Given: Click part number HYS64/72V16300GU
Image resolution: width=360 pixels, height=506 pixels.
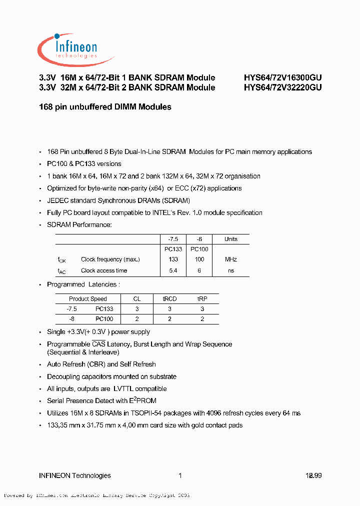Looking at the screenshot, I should (x=282, y=77).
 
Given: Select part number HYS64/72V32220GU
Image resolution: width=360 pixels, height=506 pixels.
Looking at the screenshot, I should (x=282, y=87).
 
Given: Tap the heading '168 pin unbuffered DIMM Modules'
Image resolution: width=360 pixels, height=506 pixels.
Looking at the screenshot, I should (x=105, y=107).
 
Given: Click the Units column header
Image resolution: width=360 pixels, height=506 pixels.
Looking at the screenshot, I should (x=231, y=239).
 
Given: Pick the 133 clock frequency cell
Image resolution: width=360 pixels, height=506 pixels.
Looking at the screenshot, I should (x=173, y=259).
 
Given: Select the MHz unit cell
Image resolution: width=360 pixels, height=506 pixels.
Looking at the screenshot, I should (x=231, y=259).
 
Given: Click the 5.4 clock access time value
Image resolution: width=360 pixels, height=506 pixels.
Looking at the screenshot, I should (x=173, y=270).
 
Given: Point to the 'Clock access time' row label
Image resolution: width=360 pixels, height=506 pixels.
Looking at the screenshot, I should (x=104, y=270).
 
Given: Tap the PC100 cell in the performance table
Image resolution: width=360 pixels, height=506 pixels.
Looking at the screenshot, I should (x=199, y=249).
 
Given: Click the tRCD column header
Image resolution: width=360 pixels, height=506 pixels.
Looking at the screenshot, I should (x=169, y=299).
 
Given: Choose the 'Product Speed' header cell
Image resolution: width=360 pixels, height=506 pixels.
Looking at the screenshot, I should (x=88, y=299).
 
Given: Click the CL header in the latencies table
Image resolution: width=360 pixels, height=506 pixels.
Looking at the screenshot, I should (x=137, y=299).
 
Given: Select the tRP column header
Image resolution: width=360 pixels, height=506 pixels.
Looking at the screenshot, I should (x=202, y=299).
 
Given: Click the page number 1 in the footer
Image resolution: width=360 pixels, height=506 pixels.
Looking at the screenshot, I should (x=180, y=475).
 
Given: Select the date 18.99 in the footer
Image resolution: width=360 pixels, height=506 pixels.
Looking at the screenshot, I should (x=313, y=475).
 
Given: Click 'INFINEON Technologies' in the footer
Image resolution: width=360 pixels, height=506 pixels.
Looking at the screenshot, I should (x=75, y=475).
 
